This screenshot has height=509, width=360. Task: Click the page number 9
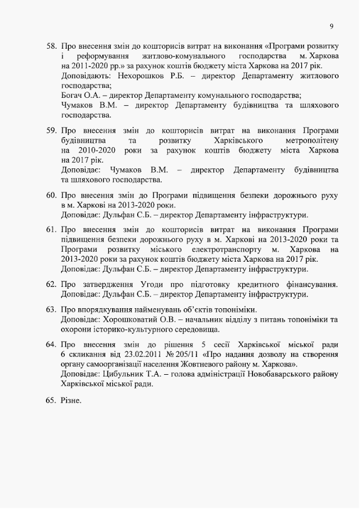click(x=331, y=26)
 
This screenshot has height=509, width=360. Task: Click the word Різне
click(x=71, y=400)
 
